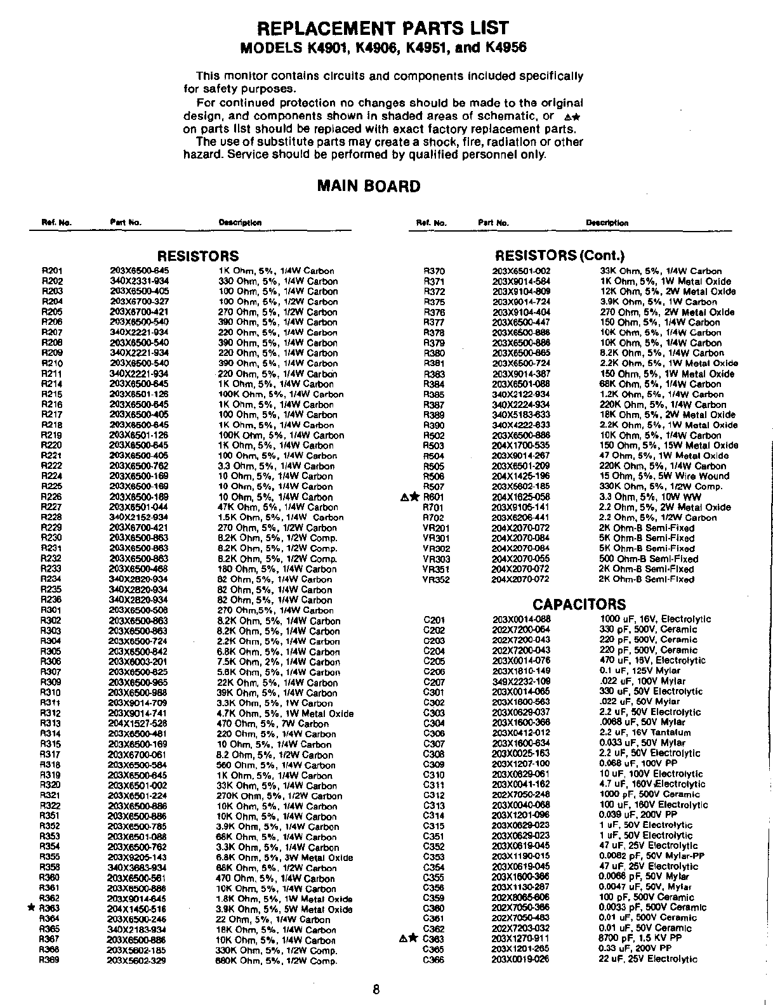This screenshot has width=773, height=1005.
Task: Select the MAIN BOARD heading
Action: (369, 186)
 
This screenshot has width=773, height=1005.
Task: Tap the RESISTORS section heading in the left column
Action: (198, 256)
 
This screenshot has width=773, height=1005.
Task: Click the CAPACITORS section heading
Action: (579, 605)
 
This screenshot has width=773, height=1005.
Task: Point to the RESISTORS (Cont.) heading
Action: (559, 256)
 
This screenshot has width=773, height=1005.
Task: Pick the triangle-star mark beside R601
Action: (410, 497)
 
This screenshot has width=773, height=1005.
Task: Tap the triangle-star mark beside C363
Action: (410, 938)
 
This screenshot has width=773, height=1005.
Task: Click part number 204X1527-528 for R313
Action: (138, 723)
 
